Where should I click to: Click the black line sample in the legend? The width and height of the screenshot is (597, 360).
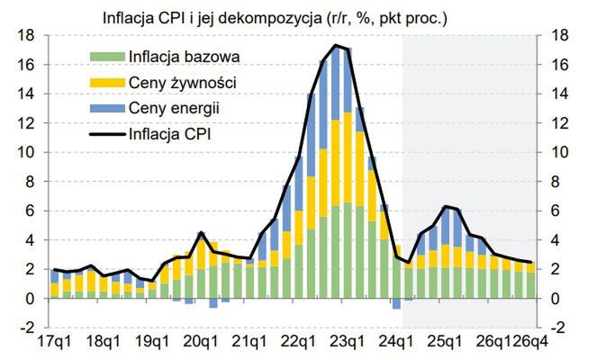[107, 135]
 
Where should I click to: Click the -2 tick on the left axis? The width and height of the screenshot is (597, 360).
[28, 328]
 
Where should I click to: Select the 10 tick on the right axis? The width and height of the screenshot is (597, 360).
[555, 153]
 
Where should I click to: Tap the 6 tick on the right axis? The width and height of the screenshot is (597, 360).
[551, 211]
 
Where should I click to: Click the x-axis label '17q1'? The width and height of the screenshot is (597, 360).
[54, 343]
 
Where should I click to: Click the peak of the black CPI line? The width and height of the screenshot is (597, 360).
[336, 45]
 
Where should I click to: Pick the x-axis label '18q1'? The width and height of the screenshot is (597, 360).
[103, 343]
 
